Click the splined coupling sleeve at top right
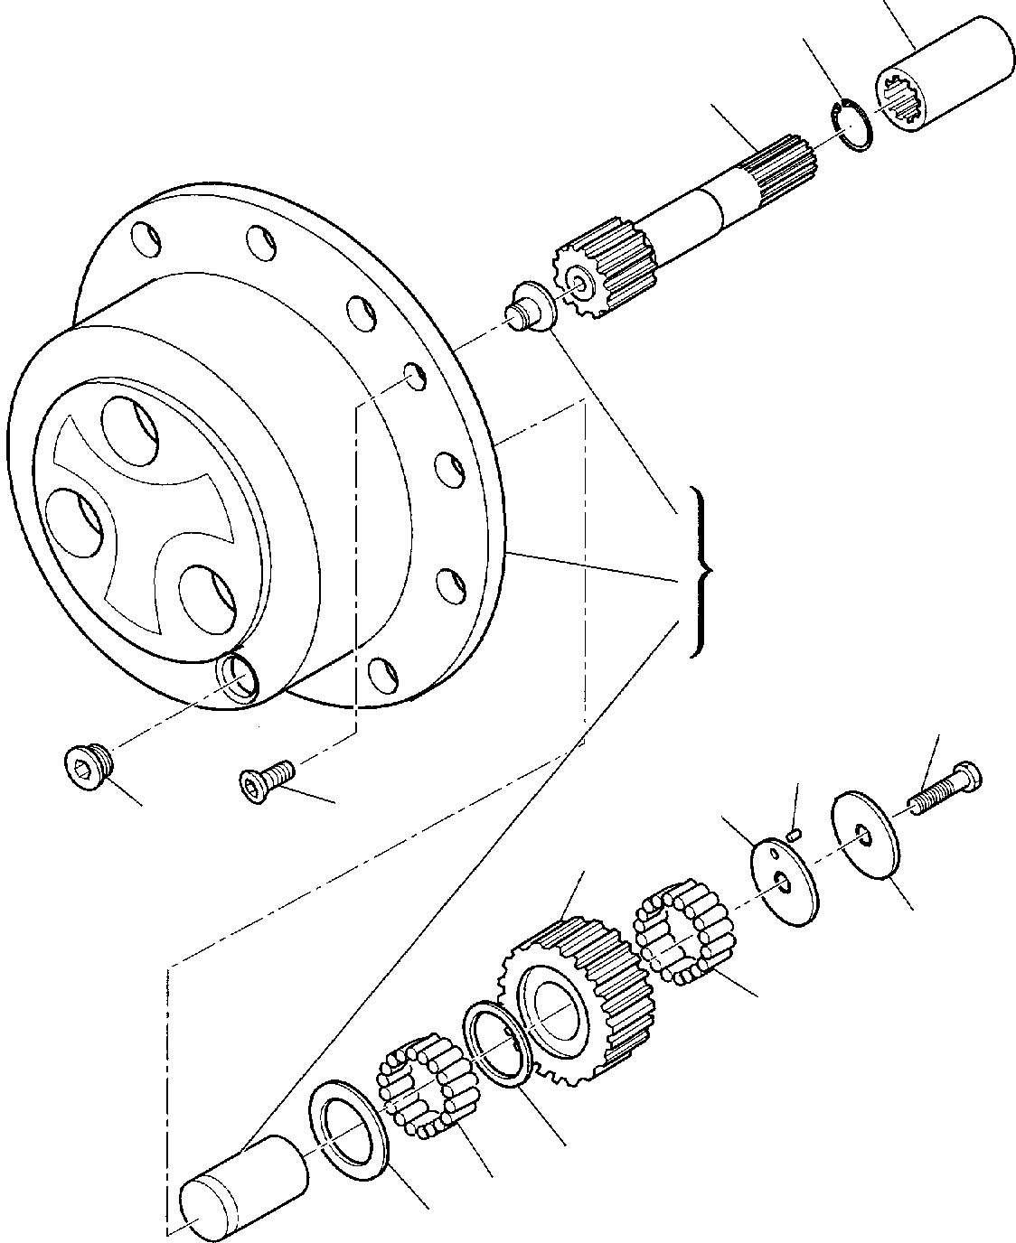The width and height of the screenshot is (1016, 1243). tap(945, 77)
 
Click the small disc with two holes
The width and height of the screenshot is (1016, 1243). tap(783, 881)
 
